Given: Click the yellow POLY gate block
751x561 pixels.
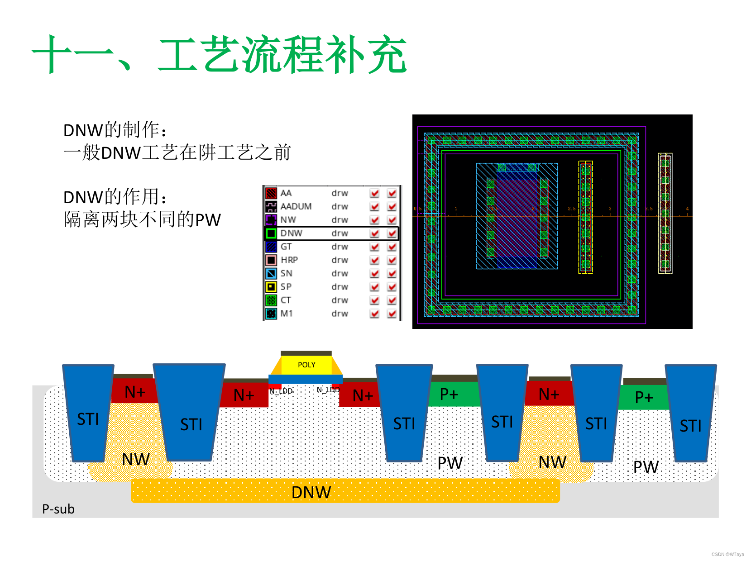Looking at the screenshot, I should point(306,365).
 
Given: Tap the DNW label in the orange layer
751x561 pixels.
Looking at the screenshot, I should point(311,492).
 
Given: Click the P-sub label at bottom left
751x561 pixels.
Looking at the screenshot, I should point(58,509).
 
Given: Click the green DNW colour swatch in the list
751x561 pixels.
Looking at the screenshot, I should point(271,233).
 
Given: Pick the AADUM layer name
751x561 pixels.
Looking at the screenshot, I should point(296,206).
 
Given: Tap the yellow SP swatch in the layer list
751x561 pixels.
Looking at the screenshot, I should point(271,287).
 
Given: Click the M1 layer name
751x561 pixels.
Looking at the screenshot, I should point(287,314).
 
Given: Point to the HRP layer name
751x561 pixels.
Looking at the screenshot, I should point(289,260).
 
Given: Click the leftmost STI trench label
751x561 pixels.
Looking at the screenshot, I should point(88,419).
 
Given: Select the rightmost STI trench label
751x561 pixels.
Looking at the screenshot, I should point(690,426).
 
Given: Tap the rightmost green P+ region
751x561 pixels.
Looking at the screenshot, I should point(643,397).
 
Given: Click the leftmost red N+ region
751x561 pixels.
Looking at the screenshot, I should point(134,391).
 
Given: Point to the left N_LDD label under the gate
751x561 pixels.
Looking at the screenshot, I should point(281,391).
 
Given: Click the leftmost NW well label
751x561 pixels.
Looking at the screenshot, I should point(135,460).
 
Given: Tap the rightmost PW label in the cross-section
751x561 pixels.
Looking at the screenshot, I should point(646,466).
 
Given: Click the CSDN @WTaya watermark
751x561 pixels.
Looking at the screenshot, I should point(727,554).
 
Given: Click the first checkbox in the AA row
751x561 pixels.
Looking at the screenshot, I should point(374,193).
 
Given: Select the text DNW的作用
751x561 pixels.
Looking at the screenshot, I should point(115,197).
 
